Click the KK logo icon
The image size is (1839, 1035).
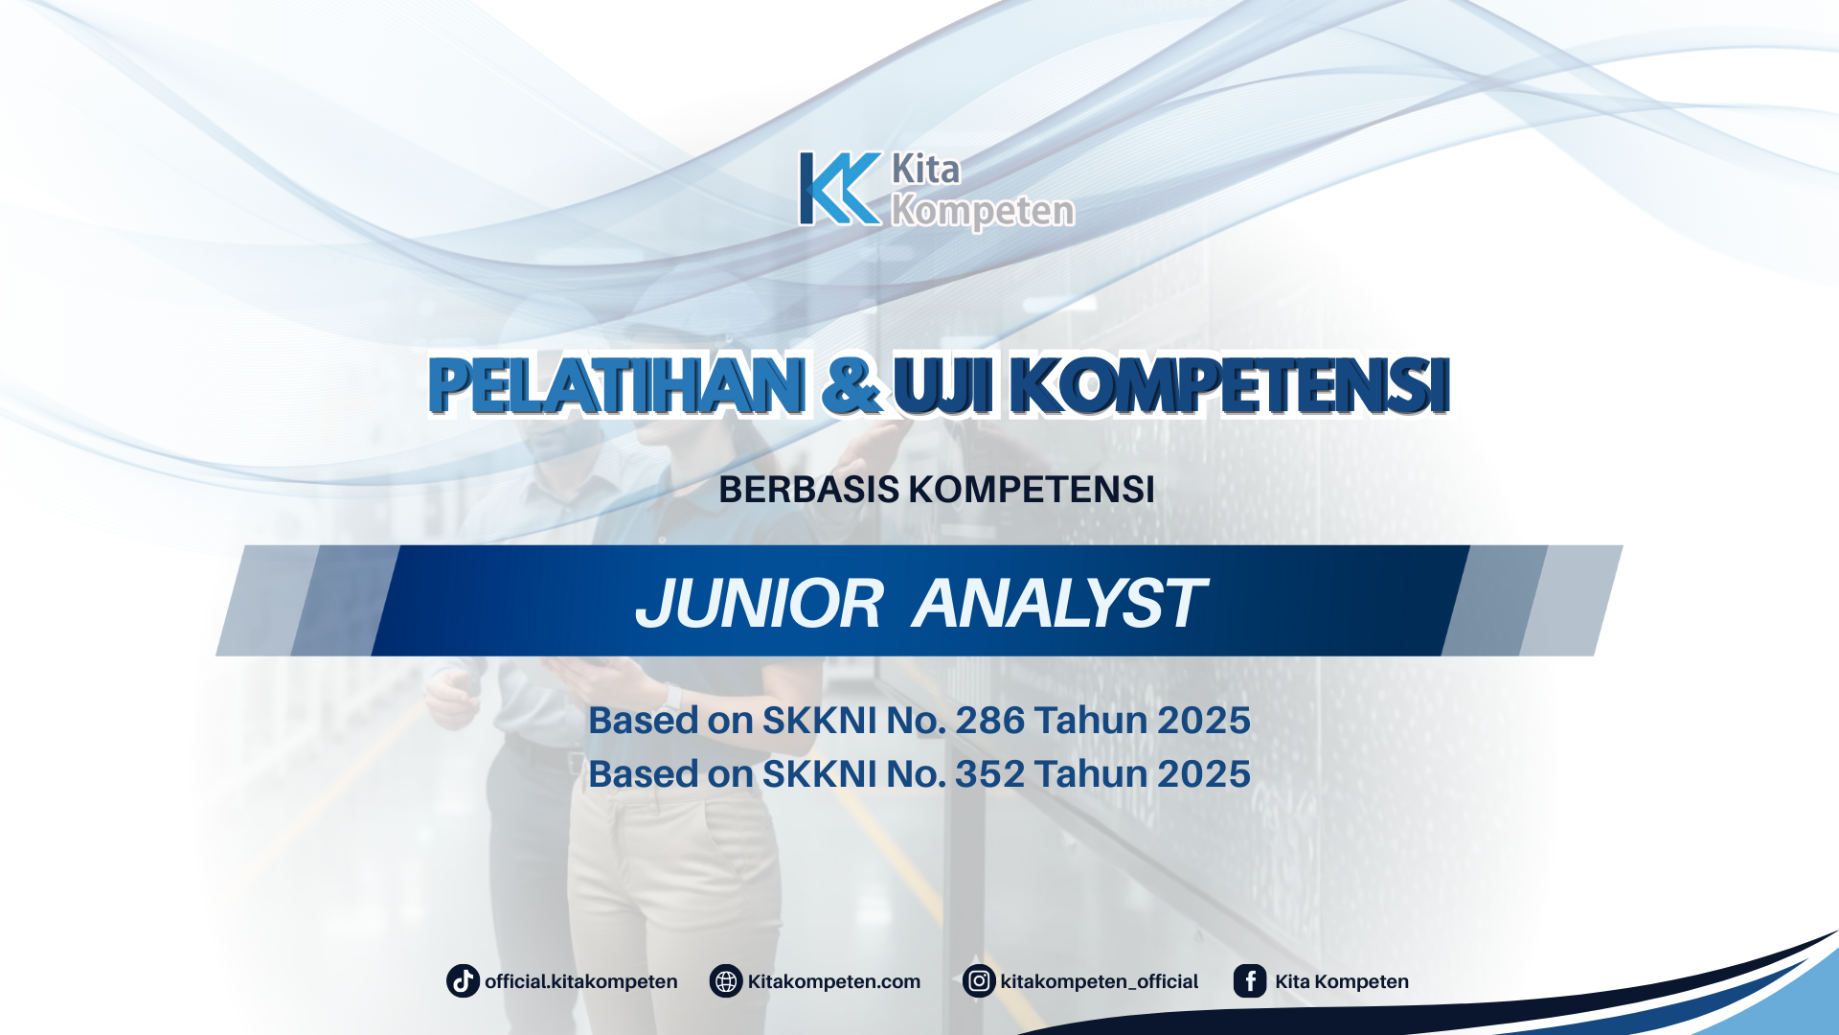tap(840, 189)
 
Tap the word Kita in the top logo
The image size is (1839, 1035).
tap(925, 170)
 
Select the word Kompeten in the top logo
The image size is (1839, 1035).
tap(983, 211)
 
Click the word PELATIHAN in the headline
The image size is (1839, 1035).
tap(616, 385)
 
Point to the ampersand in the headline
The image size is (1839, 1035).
tap(851, 385)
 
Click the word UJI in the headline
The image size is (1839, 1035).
tap(942, 385)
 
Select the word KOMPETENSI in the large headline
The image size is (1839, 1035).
tap(1230, 385)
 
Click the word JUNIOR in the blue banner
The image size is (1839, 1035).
tap(759, 604)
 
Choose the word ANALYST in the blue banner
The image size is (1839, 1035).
tap(1058, 604)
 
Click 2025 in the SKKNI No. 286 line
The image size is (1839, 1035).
tap(1203, 721)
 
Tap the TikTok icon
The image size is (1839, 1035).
tap(463, 981)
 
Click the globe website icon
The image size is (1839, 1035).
tap(726, 981)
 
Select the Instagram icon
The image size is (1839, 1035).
tap(979, 981)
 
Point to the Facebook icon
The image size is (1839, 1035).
tap(1250, 981)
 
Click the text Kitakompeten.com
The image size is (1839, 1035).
tap(833, 982)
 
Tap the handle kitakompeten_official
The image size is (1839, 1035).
tap(1099, 982)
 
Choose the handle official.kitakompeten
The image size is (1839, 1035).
tap(580, 982)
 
